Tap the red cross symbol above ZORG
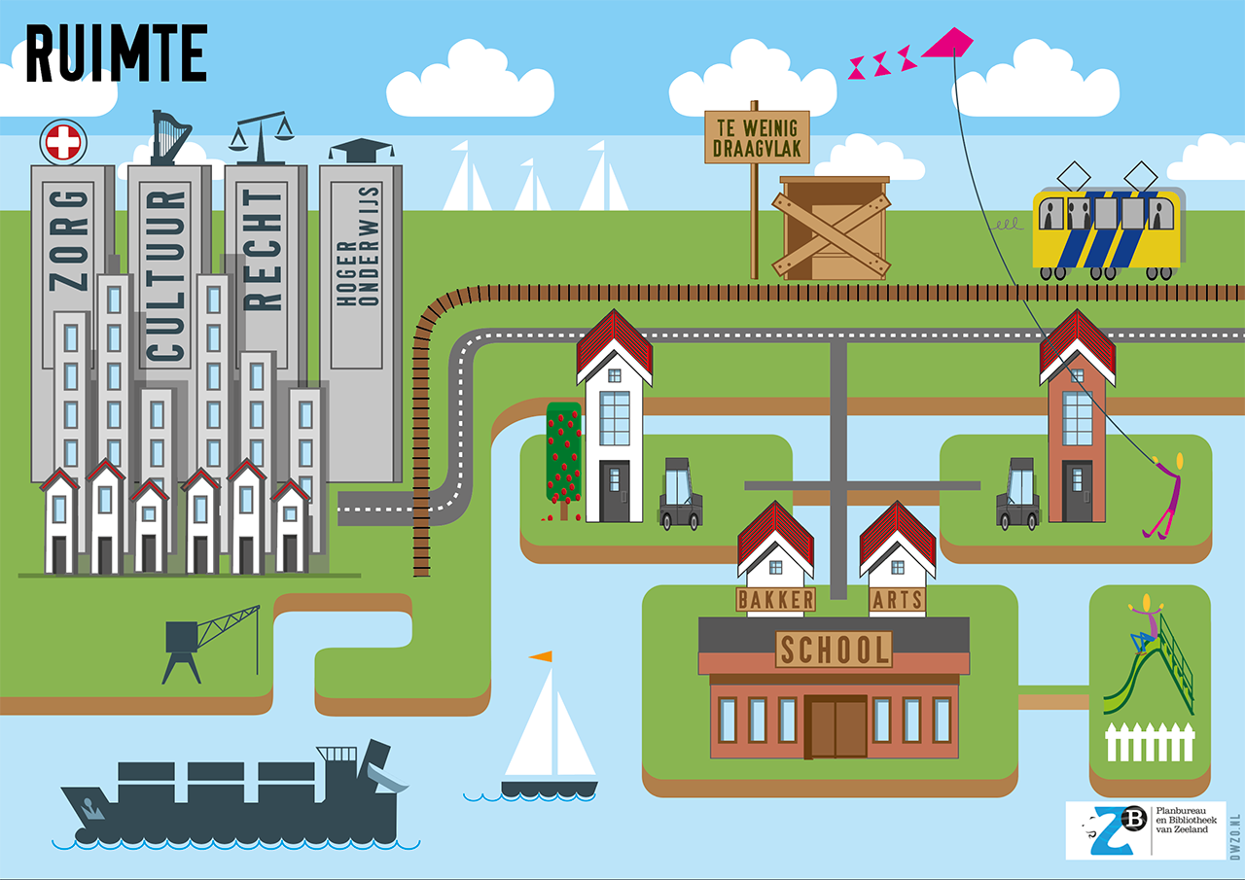[63, 143]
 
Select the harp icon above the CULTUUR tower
[170, 137]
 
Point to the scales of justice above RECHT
[261, 134]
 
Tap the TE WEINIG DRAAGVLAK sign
[757, 136]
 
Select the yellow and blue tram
[1107, 229]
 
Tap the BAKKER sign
[775, 599]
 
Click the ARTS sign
[897, 600]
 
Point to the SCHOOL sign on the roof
[834, 649]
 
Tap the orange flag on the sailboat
[541, 658]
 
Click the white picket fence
[1150, 742]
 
